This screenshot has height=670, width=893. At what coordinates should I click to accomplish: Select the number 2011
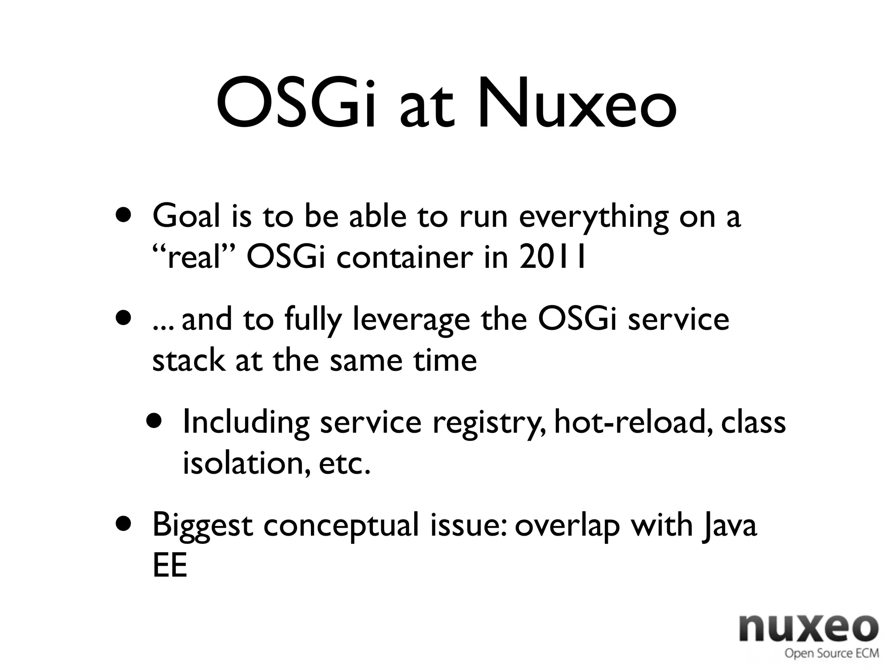(552, 258)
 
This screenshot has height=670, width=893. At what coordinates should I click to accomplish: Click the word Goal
(186, 217)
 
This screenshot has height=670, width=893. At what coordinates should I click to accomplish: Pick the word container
(404, 258)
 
